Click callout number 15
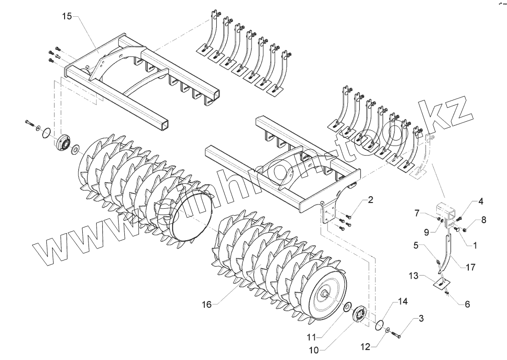[x=66, y=16]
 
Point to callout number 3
[x=421, y=318]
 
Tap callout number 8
[x=484, y=221]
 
